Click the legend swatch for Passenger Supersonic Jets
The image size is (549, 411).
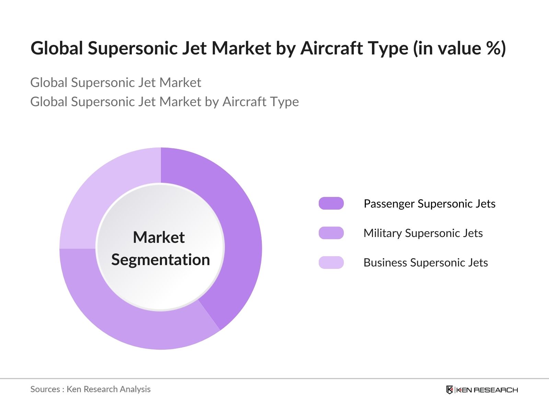(x=331, y=203)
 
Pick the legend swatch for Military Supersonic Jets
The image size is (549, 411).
(x=331, y=233)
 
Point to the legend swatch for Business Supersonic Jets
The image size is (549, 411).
(x=331, y=262)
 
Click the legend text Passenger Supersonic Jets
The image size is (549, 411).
(x=429, y=204)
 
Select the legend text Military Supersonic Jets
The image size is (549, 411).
(x=423, y=233)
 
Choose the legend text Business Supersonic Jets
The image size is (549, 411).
(x=425, y=263)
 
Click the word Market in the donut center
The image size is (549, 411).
(x=159, y=237)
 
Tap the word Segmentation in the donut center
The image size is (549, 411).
(x=161, y=260)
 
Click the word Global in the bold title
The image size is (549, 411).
(x=57, y=48)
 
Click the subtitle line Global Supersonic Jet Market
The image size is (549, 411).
(x=116, y=83)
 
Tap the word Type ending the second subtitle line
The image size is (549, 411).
(x=284, y=102)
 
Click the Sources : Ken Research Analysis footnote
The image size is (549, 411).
(x=91, y=389)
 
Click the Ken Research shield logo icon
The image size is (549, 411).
(x=449, y=390)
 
